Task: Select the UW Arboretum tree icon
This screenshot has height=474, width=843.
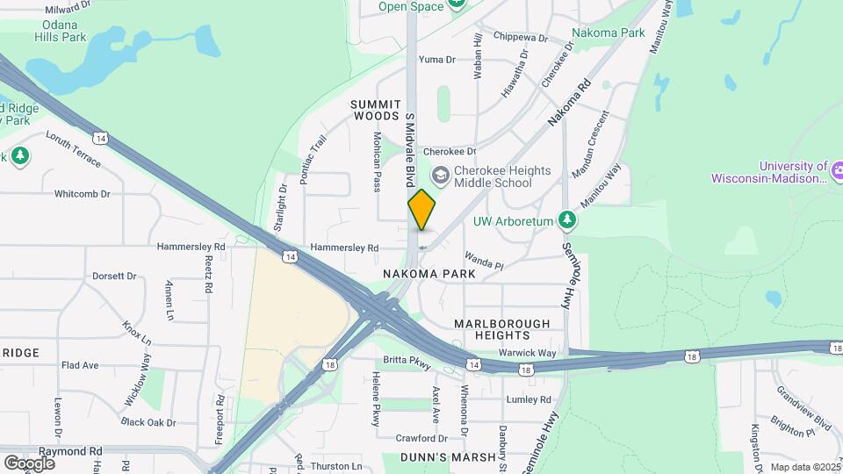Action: [x=568, y=220]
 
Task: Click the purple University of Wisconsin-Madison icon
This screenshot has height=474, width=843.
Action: [x=837, y=169]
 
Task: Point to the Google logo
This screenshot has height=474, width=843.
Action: [x=29, y=463]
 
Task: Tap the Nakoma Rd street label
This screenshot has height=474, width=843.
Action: [x=570, y=102]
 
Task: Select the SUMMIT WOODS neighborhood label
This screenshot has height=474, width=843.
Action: [x=376, y=110]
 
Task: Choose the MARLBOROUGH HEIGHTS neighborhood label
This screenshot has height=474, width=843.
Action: [x=502, y=329]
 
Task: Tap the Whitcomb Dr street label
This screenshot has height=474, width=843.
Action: [x=82, y=194]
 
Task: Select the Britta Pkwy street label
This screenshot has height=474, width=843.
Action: [x=407, y=360]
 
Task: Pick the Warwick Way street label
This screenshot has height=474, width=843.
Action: [x=528, y=353]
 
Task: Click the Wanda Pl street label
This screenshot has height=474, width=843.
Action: [x=484, y=262]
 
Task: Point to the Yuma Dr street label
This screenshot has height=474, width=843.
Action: [x=437, y=60]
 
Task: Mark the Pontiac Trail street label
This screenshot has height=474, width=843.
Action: [x=313, y=159]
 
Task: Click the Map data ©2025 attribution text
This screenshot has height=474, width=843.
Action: [x=803, y=467]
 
